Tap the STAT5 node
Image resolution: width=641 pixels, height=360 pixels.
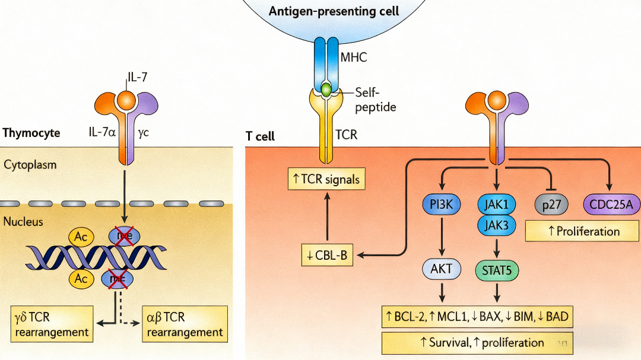[496, 270]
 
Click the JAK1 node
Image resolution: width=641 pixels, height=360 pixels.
[496, 205]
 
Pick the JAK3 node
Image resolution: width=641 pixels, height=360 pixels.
[496, 225]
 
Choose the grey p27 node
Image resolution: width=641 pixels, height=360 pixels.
[552, 205]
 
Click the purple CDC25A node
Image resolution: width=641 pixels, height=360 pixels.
[610, 205]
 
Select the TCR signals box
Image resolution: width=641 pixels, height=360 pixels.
[326, 179]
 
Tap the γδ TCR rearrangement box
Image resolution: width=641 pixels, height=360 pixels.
[52, 324]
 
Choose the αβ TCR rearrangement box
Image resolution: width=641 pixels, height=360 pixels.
[185, 324]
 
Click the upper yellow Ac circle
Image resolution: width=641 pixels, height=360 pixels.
[81, 237]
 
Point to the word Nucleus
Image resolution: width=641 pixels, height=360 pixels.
[25, 222]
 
